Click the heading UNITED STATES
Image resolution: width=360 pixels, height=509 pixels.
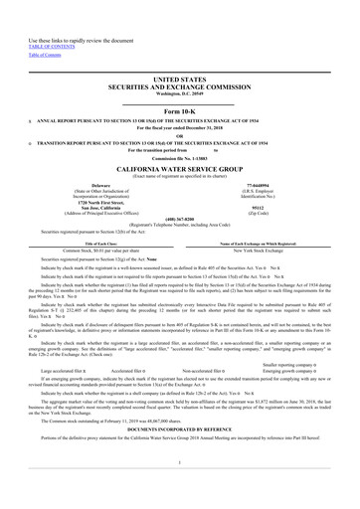pos(179,78)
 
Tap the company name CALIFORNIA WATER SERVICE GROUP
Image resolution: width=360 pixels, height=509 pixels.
pos(179,171)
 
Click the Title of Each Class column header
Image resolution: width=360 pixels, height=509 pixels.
pos(90,244)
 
